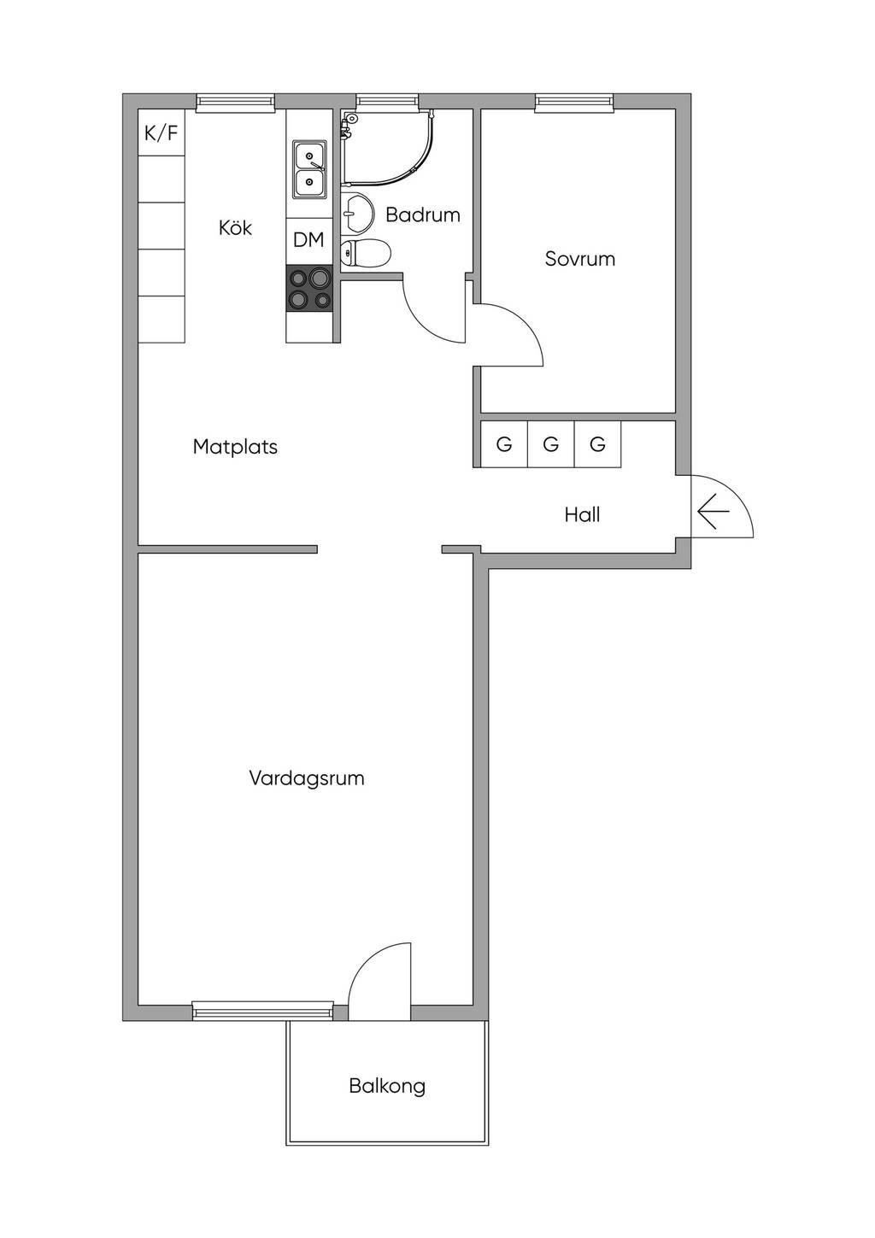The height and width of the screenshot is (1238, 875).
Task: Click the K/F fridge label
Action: click(161, 133)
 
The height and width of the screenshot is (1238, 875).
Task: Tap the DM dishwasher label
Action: click(308, 240)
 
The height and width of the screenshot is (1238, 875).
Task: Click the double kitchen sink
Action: click(309, 169)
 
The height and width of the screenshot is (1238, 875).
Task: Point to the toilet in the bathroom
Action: click(365, 254)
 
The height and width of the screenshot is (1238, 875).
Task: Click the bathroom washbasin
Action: click(356, 212)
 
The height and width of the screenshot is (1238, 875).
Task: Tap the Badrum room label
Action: click(423, 214)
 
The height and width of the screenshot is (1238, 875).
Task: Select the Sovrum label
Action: click(580, 259)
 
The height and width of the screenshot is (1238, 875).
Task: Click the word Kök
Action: click(236, 227)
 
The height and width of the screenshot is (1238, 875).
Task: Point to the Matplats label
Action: click(235, 447)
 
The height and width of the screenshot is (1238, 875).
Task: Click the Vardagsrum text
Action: click(307, 778)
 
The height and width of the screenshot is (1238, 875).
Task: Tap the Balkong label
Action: click(387, 1087)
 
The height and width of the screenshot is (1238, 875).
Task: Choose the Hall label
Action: click(582, 515)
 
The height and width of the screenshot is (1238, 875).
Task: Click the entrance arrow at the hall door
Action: click(714, 512)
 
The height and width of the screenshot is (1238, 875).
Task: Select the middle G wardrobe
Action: click(550, 444)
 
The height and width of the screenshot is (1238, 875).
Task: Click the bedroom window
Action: click(574, 101)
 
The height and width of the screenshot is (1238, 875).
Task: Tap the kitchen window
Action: click(236, 101)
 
